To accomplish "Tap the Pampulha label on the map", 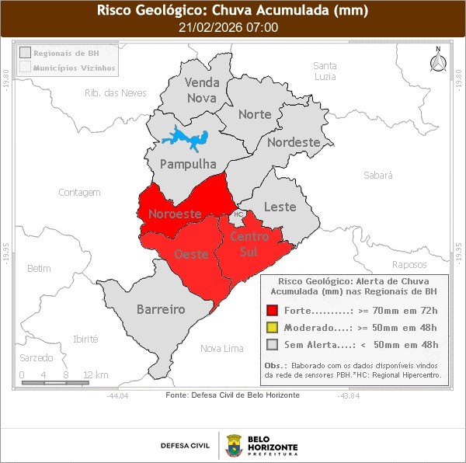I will pos(188,165).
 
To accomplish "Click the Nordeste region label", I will pos(293,142).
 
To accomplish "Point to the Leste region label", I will pos(280,207).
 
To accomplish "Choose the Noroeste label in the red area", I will pos(175,214).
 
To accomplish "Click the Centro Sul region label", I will pos(250,245).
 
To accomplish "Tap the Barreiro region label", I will pos(161,309).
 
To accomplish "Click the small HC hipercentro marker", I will pos(238,214).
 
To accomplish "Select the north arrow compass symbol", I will pos(437,61).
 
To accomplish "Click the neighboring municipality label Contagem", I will pos(80,192).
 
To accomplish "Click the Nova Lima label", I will pos(221,348).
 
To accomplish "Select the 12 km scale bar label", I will pos(96,374).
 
